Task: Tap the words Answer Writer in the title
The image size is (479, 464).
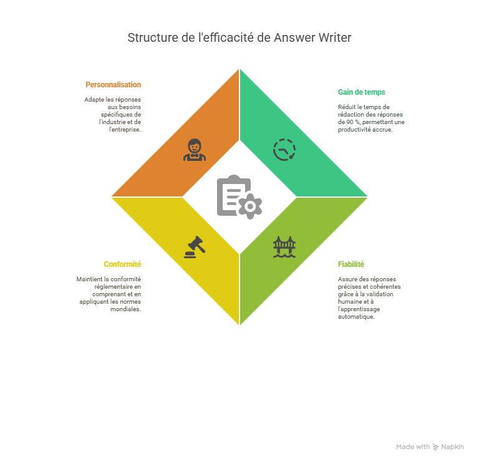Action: point(312,37)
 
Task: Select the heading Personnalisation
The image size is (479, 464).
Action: point(113,84)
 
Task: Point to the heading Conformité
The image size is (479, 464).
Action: point(122,264)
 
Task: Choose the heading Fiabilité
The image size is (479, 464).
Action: point(351,264)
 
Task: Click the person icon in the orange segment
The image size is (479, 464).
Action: point(195,150)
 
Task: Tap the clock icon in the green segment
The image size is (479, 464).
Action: point(284,150)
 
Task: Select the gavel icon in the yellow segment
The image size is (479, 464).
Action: point(195,246)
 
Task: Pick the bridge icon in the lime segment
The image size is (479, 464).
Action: point(284,246)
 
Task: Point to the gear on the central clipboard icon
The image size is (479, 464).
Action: point(251,206)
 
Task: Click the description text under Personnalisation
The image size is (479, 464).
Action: point(113,114)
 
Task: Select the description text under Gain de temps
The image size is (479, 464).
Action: point(371,118)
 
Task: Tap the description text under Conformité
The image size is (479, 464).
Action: point(109,294)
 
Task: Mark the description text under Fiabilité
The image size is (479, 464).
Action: point(368,297)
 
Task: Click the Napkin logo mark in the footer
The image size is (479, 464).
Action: point(435,447)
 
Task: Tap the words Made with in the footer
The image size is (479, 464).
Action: point(413,447)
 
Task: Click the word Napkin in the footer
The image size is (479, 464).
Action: point(453,447)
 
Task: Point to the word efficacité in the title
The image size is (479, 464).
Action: point(230,37)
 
